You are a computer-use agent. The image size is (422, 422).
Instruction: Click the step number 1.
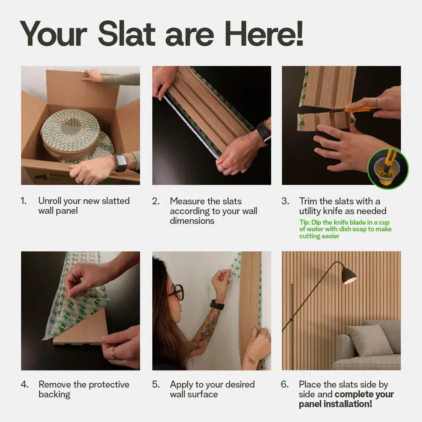(23, 201)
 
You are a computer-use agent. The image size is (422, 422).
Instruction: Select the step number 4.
(25, 384)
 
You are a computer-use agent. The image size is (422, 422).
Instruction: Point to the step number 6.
(284, 384)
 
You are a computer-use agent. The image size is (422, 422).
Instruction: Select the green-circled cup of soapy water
(387, 169)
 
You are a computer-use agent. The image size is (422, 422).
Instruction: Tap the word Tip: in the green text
(305, 222)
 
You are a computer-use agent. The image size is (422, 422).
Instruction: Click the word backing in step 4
(54, 394)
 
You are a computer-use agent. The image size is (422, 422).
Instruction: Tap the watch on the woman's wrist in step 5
(217, 304)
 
